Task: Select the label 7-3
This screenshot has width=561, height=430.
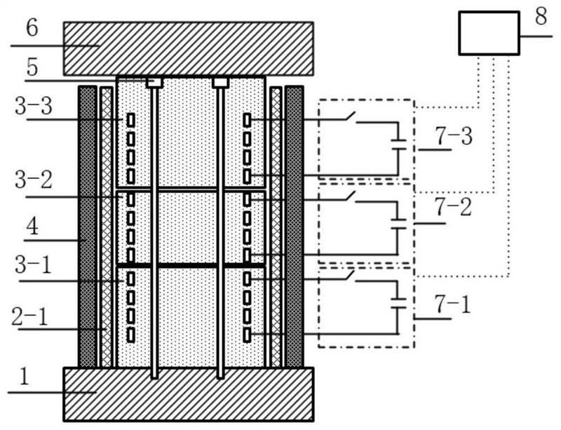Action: [453, 137]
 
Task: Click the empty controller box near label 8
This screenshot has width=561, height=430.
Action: [489, 33]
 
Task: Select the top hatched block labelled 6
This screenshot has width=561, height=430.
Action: [188, 48]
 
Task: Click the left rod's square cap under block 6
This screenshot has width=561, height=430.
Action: [154, 83]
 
